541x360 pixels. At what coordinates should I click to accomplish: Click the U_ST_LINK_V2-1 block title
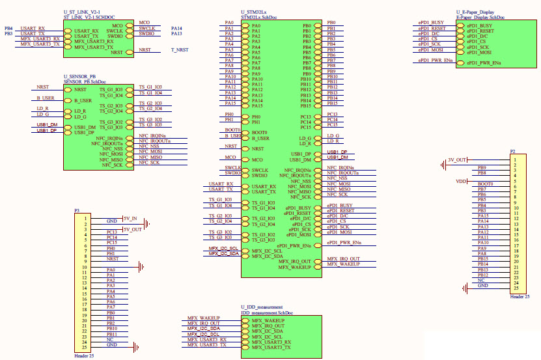click(x=82, y=13)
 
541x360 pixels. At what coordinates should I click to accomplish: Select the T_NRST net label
click(x=180, y=49)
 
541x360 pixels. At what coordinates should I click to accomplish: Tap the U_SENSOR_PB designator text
click(x=79, y=77)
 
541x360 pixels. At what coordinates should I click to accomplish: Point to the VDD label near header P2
click(x=462, y=181)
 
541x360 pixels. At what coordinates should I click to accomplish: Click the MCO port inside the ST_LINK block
click(x=126, y=23)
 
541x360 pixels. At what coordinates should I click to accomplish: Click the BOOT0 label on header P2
click(x=485, y=184)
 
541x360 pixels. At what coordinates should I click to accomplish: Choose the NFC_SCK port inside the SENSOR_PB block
click(x=113, y=165)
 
